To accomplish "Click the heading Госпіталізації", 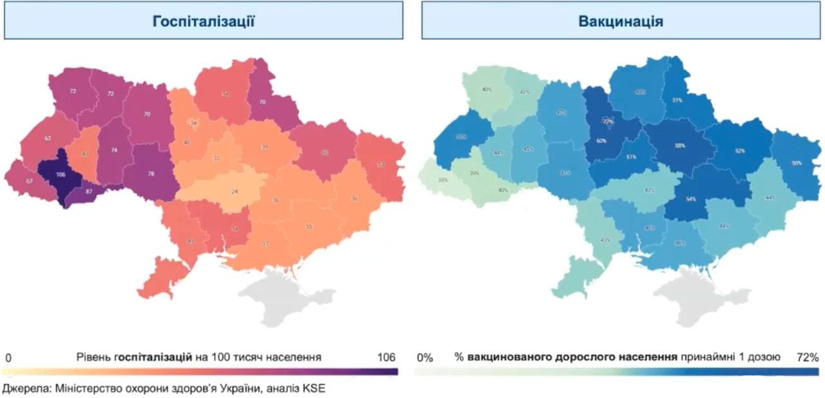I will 204,21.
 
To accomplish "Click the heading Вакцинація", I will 621,21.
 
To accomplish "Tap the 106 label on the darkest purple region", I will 61,175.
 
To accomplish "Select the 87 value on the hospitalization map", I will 89,192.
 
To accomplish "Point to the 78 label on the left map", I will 150,173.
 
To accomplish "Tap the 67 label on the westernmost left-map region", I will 30,181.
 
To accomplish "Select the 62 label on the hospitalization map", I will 47,138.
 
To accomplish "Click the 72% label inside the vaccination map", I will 607,120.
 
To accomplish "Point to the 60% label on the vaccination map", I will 601,140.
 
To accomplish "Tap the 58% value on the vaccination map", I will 679,146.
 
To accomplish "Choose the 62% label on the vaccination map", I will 739,151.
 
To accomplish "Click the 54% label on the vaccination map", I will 691,199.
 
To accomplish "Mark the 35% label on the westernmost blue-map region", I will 443,180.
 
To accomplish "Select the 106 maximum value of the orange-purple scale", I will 387,357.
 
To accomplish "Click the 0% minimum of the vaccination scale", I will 425,357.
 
